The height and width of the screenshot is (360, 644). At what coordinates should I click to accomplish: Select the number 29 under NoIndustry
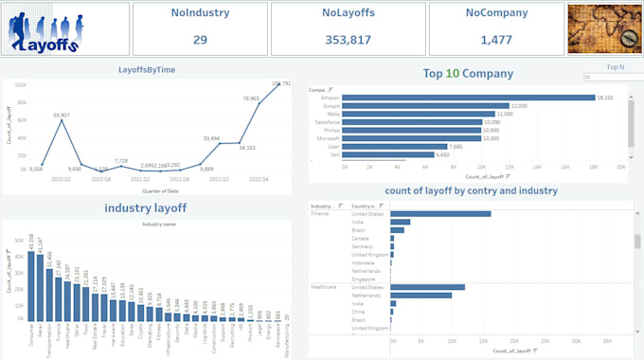(x=200, y=40)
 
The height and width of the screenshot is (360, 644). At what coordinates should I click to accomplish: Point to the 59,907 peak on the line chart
(x=61, y=121)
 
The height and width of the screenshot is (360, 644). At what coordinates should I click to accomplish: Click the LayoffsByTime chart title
(x=146, y=70)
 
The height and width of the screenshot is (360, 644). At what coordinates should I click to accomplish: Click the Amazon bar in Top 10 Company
(x=468, y=98)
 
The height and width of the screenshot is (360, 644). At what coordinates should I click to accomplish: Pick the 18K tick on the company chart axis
(x=593, y=167)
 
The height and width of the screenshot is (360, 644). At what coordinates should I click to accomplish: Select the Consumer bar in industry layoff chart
(x=31, y=283)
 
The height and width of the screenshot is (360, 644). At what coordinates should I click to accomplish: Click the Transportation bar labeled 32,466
(x=49, y=292)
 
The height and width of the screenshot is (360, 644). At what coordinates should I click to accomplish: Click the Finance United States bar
(x=440, y=213)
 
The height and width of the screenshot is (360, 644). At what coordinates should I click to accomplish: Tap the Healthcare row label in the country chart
(x=324, y=286)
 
